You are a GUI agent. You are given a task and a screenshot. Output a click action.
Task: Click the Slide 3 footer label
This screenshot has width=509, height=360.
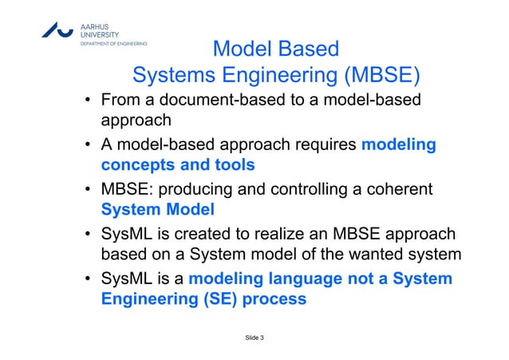coord(254,339)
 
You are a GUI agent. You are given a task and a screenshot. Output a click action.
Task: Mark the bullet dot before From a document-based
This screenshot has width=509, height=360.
coord(90,102)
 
